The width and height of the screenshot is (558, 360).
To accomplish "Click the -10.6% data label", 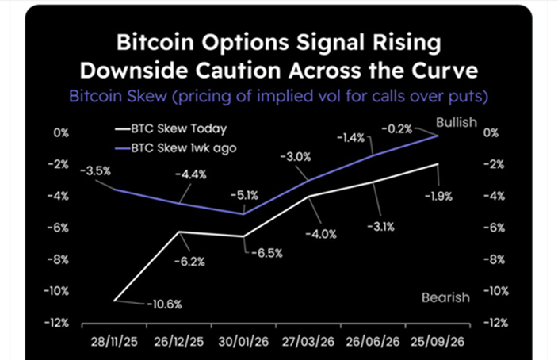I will tap(165, 303).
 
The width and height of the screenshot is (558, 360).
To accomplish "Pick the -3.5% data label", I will tap(95, 170).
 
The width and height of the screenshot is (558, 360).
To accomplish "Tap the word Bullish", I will tap(454, 121).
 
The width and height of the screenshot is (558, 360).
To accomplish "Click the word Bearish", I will tap(445, 297).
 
